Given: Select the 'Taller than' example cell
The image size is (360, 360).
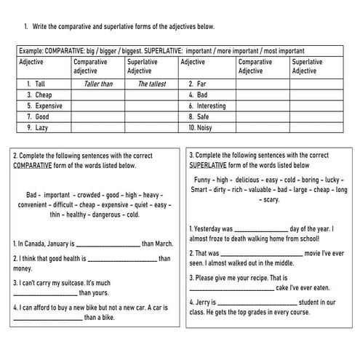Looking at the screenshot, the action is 98,84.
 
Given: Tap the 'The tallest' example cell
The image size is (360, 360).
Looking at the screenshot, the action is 153,84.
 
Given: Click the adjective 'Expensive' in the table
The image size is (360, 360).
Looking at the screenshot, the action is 48,105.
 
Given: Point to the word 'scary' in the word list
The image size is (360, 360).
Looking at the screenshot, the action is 271,199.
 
